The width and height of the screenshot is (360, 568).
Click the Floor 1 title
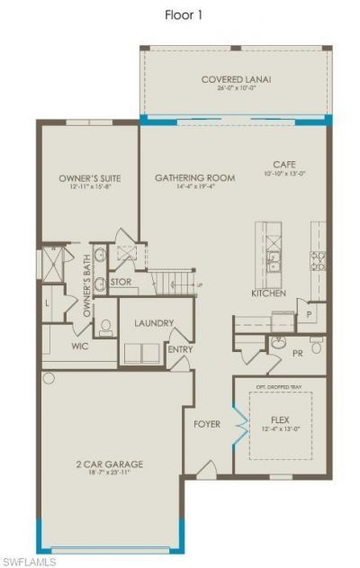[x=181, y=14]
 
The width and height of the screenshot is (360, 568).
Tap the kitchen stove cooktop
[x=318, y=261]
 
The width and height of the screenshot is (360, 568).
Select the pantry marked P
[x=309, y=314]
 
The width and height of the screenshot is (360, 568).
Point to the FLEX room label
[x=280, y=420]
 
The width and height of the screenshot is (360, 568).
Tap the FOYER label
[x=207, y=423]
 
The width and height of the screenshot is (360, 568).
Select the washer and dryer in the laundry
[x=142, y=353]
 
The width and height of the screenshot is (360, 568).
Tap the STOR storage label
[x=121, y=282]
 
